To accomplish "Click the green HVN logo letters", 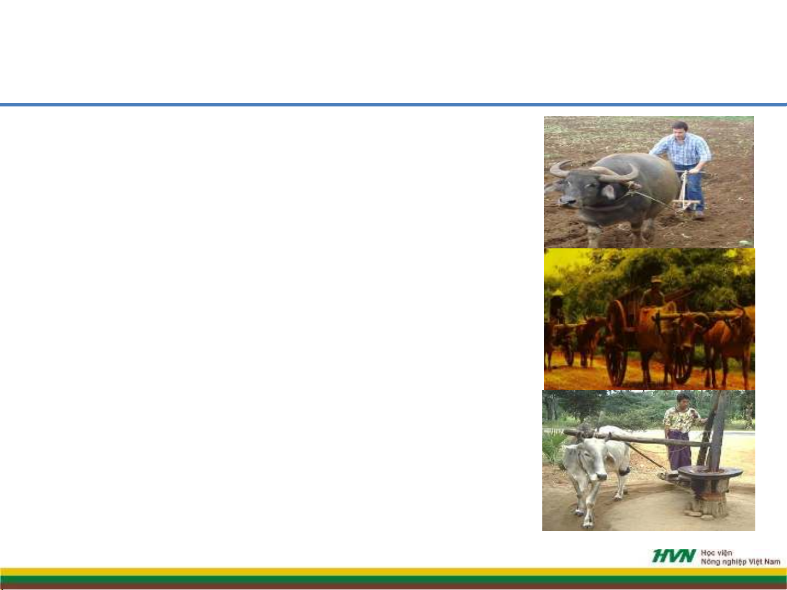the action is pyautogui.click(x=674, y=556).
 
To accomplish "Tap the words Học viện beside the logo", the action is pyautogui.click(x=717, y=553).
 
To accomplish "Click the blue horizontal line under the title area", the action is pyautogui.click(x=393, y=105).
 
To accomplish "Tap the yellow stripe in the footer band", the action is pyautogui.click(x=393, y=572).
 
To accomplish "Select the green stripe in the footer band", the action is pyautogui.click(x=393, y=580).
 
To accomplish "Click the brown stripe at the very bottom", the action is pyautogui.click(x=393, y=587).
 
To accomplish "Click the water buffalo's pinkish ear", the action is pyautogui.click(x=609, y=192).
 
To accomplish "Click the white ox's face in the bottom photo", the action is pyautogui.click(x=588, y=462).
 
